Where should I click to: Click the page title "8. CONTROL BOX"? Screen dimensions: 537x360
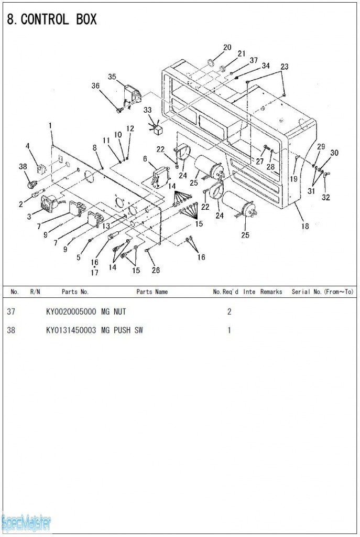coord(52,20)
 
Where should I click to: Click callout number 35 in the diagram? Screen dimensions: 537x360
coord(112,77)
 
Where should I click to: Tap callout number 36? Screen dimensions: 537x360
coord(95,86)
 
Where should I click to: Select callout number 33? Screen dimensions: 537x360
coord(147,110)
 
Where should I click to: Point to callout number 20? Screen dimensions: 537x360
coord(227,48)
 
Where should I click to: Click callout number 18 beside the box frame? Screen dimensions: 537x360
coord(305,226)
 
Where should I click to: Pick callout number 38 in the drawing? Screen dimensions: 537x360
coord(23,166)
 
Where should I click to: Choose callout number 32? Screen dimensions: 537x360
coord(326,197)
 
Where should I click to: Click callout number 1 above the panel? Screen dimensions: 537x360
coord(50,126)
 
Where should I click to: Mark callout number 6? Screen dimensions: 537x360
coord(145,158)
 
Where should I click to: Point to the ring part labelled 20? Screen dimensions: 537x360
coord(211,63)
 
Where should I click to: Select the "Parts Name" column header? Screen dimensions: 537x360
coord(152,292)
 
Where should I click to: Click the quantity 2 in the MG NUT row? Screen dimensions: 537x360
coord(229,312)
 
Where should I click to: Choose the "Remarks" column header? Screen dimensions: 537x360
coord(271,292)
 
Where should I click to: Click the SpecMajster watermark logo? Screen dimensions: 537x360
coord(26,522)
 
